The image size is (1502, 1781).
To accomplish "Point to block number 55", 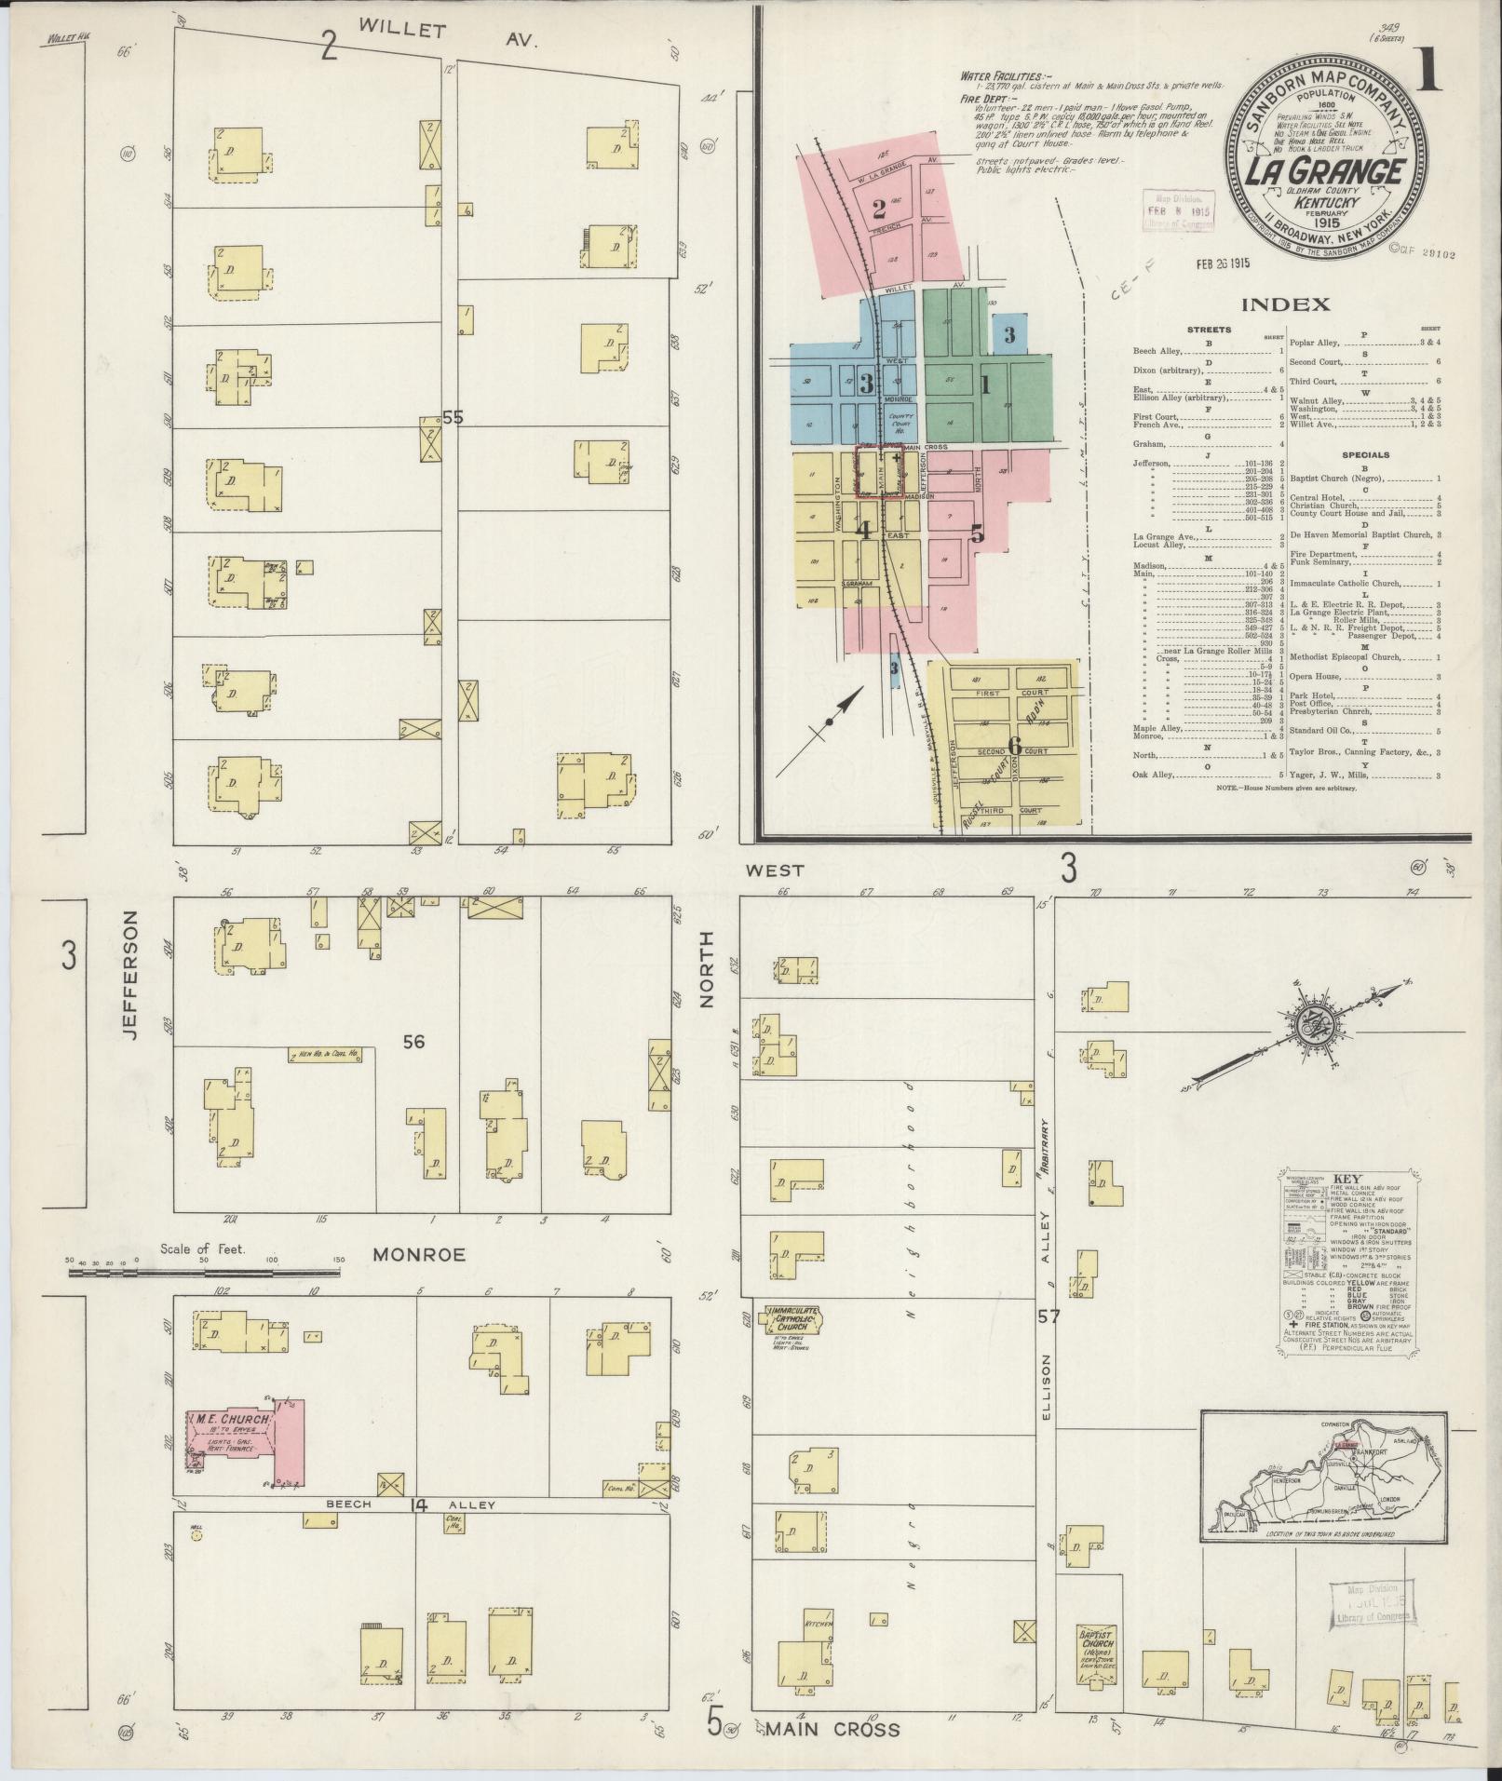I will (453, 419).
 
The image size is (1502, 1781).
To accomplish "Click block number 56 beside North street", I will (413, 1042).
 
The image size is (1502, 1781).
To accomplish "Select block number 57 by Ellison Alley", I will (1049, 1316).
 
